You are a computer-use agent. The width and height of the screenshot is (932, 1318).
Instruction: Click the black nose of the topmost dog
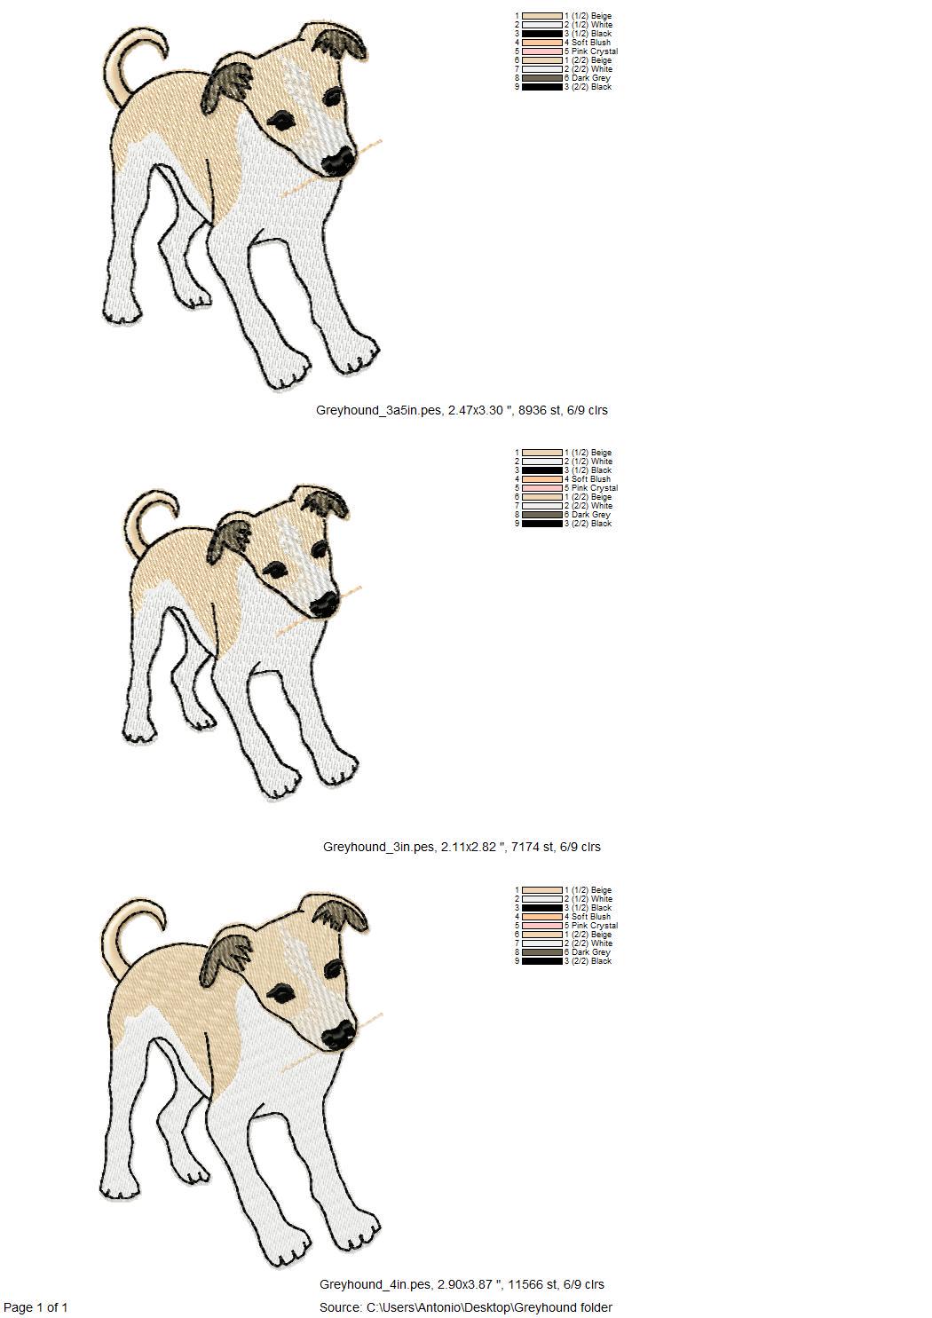(339, 161)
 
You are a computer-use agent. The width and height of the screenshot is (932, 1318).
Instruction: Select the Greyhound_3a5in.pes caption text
(462, 410)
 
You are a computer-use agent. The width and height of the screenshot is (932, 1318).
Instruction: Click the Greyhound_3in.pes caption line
(462, 847)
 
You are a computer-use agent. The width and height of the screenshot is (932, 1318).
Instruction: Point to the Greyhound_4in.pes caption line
(462, 1284)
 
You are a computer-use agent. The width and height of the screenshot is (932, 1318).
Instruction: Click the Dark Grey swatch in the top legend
(542, 78)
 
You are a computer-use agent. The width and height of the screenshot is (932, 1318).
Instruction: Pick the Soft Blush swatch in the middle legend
(542, 479)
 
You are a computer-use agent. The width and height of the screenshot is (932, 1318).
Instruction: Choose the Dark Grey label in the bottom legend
(588, 952)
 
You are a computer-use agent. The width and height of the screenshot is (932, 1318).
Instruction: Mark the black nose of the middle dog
(324, 604)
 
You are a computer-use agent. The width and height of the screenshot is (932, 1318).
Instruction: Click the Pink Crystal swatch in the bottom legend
(542, 926)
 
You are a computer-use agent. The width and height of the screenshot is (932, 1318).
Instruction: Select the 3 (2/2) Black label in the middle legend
(588, 524)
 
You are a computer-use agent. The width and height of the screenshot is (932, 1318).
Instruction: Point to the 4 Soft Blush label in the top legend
(588, 43)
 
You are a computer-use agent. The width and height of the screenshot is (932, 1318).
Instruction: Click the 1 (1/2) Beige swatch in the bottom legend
(542, 891)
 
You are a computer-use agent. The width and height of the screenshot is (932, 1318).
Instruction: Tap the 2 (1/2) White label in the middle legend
(588, 462)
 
